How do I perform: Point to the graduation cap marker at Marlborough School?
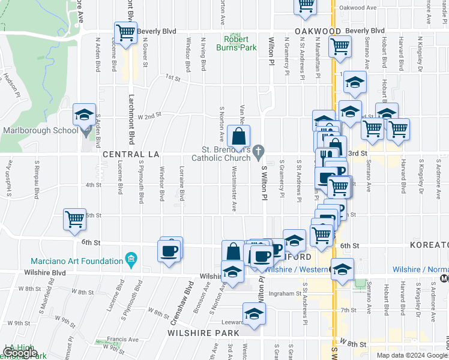coord(84,114)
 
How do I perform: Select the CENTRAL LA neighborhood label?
coord(131,154)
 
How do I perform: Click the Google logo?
coord(19,353)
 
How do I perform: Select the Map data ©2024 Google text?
coord(412,355)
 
